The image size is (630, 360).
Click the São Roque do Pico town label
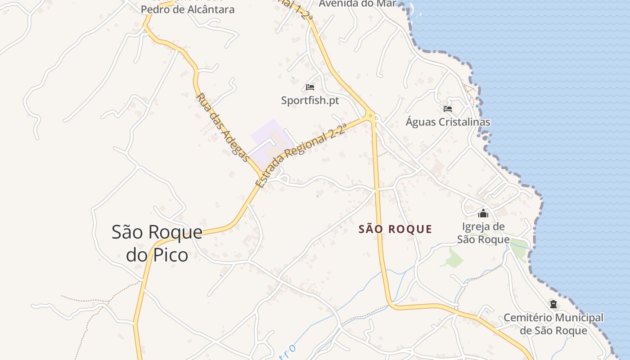[x=157, y=243]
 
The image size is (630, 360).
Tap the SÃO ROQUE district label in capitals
[x=395, y=229]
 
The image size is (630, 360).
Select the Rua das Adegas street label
[x=222, y=128]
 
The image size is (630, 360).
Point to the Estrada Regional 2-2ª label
[x=300, y=155]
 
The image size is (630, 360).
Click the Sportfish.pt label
[x=310, y=100]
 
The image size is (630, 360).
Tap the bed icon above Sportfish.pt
[x=310, y=87]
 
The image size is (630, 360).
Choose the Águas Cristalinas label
[x=448, y=122]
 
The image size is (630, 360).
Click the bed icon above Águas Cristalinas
[x=447, y=109]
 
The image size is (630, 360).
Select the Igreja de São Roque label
[x=483, y=233]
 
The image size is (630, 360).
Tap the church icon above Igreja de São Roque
[x=483, y=213]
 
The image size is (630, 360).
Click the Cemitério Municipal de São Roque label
[x=553, y=324]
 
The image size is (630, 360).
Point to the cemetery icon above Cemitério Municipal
[x=553, y=304]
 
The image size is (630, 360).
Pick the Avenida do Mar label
[x=358, y=4]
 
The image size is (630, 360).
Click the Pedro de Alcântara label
[x=188, y=9]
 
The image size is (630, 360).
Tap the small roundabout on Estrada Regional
[x=371, y=116]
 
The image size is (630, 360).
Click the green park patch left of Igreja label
[x=454, y=257]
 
